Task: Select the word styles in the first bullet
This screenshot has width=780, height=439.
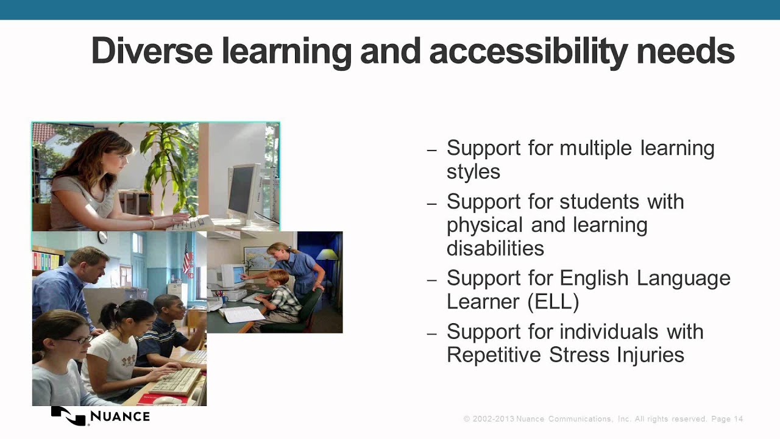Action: click(x=473, y=172)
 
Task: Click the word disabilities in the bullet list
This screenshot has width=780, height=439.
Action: click(x=495, y=249)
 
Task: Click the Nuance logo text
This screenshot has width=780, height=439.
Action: click(x=119, y=417)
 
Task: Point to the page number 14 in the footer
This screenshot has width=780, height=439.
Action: click(x=739, y=419)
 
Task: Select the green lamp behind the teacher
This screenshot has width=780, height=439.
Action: click(x=327, y=255)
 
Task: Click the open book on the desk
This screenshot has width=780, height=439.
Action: click(x=242, y=315)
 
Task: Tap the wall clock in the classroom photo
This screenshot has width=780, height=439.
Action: click(x=102, y=237)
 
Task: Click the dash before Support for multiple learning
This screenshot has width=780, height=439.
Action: click(x=432, y=150)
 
